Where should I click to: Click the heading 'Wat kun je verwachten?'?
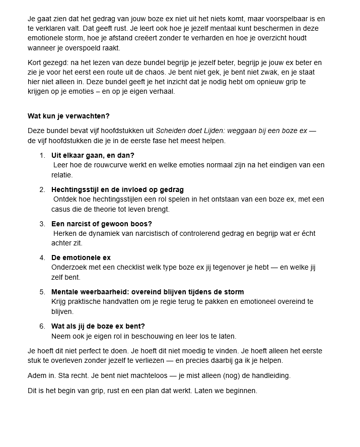(x=68, y=116)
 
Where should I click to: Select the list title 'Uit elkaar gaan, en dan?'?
(x=93, y=155)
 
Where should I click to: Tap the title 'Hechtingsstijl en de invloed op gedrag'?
(x=117, y=189)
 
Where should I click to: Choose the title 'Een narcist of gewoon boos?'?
(x=101, y=224)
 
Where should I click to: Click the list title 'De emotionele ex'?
(x=81, y=258)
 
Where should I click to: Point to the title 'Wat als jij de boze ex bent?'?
(x=98, y=327)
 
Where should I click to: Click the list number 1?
(x=42, y=155)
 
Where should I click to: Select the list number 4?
(x=42, y=258)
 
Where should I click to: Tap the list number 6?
(x=42, y=327)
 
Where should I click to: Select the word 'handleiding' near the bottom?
(x=270, y=376)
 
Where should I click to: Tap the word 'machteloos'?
(x=142, y=376)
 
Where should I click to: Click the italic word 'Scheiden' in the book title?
(x=170, y=131)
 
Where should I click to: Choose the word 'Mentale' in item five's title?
(x=64, y=292)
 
